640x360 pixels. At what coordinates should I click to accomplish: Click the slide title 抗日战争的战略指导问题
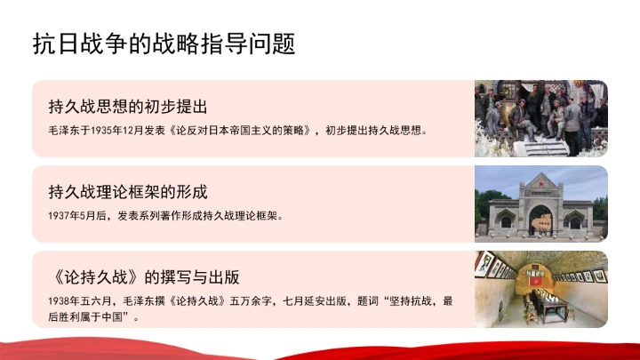point(164,44)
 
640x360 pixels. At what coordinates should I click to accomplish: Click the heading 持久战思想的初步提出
point(127,108)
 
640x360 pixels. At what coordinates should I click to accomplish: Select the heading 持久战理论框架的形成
point(127,191)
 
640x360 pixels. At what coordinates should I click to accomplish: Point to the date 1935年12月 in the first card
point(131,131)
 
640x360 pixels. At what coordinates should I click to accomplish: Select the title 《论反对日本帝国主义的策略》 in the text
point(239,131)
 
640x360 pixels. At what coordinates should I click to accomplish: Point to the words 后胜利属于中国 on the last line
point(88,316)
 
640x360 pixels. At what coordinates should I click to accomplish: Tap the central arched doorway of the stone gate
point(540,220)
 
